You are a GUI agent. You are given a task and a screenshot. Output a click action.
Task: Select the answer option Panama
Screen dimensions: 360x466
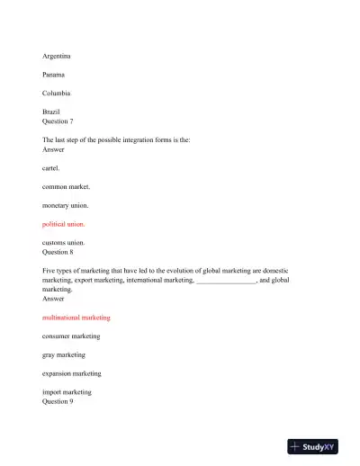pos(55,75)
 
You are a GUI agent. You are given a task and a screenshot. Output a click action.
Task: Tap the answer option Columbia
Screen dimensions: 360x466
pos(58,93)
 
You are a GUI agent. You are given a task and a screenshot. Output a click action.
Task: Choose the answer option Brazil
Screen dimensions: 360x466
pos(51,112)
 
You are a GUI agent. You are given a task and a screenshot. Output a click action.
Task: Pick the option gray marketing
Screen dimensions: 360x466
pos(65,354)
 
